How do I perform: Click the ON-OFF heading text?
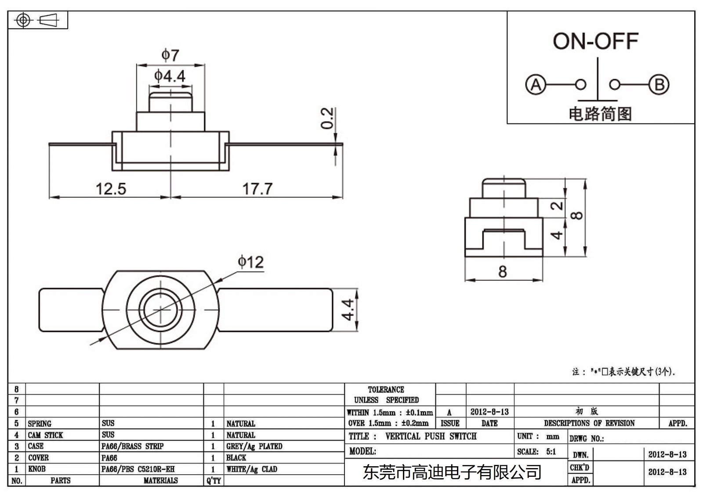coord(595,41)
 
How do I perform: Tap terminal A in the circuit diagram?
coord(536,84)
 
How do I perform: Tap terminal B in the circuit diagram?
coord(659,84)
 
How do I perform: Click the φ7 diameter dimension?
coord(170,55)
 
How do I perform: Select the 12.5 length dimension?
coord(111,189)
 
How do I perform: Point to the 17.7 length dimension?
coord(257,189)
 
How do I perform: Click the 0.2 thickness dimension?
coord(327,118)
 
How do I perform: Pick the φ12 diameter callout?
coord(250,262)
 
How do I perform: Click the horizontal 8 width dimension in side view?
coord(503,272)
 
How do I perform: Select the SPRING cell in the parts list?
coord(40,424)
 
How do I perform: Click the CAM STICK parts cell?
coord(45,435)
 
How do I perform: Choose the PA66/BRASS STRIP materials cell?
coord(132,446)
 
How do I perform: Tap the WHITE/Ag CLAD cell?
coord(252,469)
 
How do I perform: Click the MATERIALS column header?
coord(160,481)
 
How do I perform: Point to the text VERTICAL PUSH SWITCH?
coord(431,436)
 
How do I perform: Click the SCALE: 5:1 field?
coord(536,452)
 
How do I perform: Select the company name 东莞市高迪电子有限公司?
coord(452,472)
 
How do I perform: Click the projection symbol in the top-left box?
coord(37,20)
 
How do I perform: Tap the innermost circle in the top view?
coord(160,309)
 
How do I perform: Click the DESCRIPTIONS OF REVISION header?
coord(589,424)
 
